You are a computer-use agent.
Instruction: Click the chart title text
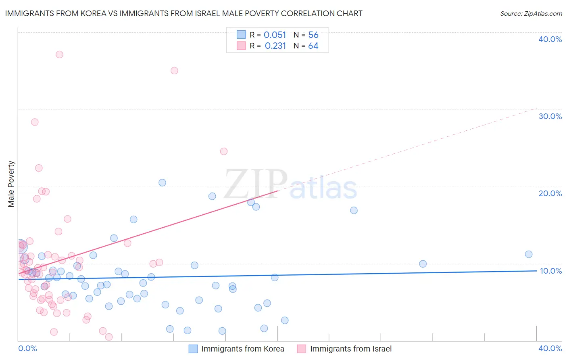pyautogui.click(x=183, y=13)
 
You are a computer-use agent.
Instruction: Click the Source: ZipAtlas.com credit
pyautogui.click(x=531, y=13)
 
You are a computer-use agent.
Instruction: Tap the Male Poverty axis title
pyautogui.click(x=11, y=184)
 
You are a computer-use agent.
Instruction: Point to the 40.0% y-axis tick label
pyautogui.click(x=550, y=39)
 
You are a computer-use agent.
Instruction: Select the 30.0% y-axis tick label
pyautogui.click(x=550, y=116)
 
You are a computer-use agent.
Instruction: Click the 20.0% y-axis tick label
pyautogui.click(x=550, y=193)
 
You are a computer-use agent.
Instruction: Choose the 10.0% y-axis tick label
pyautogui.click(x=550, y=271)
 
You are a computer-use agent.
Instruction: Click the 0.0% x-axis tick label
pyautogui.click(x=27, y=348)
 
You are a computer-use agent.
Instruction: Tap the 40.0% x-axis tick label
pyautogui.click(x=550, y=348)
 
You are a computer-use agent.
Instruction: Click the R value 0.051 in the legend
pyautogui.click(x=275, y=35)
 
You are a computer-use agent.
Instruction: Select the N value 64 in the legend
pyautogui.click(x=313, y=46)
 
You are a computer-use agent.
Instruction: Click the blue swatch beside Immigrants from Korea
pyautogui.click(x=193, y=349)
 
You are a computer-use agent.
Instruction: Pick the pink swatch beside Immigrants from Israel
pyautogui.click(x=302, y=349)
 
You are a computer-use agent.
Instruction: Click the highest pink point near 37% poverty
pyautogui.click(x=59, y=54)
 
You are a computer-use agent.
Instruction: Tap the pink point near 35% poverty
pyautogui.click(x=174, y=71)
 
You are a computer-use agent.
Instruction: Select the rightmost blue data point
pyautogui.click(x=529, y=254)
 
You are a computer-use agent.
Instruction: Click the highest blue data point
pyautogui.click(x=162, y=182)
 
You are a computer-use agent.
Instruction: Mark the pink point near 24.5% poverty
pyautogui.click(x=224, y=151)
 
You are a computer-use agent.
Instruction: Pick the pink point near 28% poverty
pyautogui.click(x=35, y=122)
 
